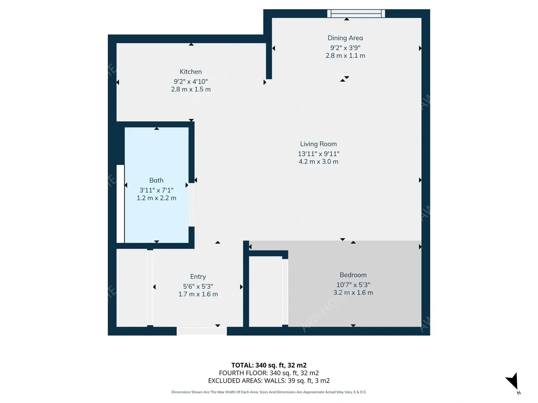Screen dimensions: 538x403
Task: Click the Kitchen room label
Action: [191, 72]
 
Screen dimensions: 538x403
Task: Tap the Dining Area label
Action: [345, 38]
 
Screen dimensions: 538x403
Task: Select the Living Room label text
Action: [319, 144]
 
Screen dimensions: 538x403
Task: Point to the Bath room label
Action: [156, 180]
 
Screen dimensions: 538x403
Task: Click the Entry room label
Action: [198, 277]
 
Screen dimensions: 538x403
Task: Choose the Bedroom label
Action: [353, 275]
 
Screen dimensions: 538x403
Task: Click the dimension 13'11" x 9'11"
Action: [319, 154]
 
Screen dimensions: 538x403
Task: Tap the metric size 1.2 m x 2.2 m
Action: [156, 198]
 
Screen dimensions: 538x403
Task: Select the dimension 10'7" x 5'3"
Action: [353, 285]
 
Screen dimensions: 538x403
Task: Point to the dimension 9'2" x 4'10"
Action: [191, 82]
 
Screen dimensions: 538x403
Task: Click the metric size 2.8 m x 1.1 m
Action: [345, 56]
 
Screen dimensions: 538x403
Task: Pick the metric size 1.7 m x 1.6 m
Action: [198, 294]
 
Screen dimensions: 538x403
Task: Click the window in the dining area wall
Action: [356, 13]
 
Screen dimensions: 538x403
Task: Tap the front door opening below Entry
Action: [202, 331]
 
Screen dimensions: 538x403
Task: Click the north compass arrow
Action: [512, 380]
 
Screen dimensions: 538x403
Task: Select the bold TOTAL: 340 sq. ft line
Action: [269, 365]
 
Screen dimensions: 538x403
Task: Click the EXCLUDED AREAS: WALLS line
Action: [269, 381]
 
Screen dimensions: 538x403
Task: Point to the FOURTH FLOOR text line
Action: [269, 373]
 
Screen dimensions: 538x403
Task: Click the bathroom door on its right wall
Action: [191, 205]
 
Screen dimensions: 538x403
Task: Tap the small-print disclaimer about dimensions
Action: [269, 392]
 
